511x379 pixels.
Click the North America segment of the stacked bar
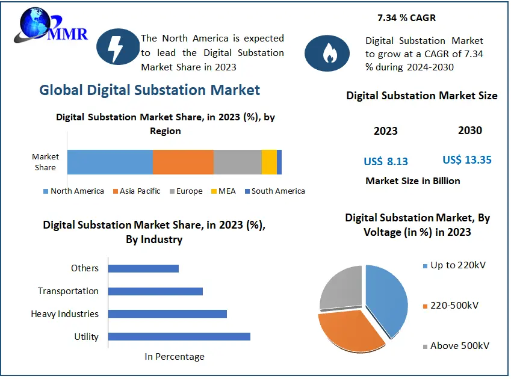tap(110, 162)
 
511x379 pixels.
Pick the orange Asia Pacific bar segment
tap(183, 162)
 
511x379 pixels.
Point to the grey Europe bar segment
tap(237, 162)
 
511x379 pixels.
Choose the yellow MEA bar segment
tap(269, 162)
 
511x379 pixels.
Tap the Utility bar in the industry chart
tap(179, 336)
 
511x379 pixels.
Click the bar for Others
tap(143, 268)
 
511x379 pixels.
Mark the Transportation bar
tap(155, 291)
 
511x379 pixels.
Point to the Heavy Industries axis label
tap(64, 314)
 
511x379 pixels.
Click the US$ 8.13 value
tap(386, 161)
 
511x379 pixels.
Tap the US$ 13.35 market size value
tap(467, 160)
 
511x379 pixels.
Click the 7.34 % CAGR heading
tap(406, 18)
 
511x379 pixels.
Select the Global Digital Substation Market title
tap(150, 90)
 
